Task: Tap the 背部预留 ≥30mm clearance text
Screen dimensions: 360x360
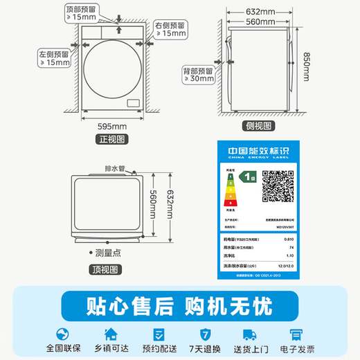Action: (201, 73)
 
